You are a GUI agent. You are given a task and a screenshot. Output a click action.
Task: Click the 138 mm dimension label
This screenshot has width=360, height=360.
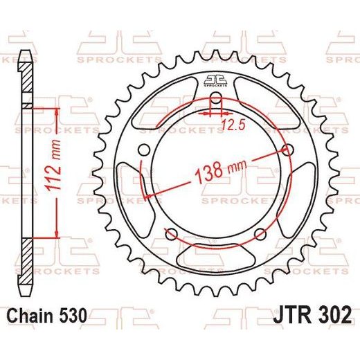click(x=221, y=171)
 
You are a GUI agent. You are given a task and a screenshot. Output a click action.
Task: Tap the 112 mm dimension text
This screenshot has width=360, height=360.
click(x=54, y=165)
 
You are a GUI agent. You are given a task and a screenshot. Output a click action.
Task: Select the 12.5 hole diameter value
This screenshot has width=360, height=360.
click(x=233, y=125)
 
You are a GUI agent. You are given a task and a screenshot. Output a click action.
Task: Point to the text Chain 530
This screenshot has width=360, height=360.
click(x=47, y=315)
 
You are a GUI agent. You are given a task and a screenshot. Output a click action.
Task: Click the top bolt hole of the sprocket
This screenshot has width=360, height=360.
click(x=216, y=98)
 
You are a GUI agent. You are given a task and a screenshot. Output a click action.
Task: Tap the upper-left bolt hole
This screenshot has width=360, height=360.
click(x=145, y=150)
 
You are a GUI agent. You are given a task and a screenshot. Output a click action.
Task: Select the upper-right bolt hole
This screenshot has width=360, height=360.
click(x=288, y=150)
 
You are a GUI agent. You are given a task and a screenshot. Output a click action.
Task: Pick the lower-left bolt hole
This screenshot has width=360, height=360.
click(x=172, y=234)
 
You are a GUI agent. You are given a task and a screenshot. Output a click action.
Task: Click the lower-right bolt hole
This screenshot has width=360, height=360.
click(x=260, y=234)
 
